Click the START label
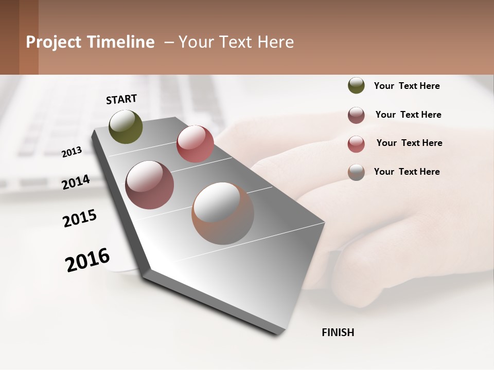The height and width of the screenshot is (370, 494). [x=121, y=99]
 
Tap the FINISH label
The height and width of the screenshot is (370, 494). [x=338, y=332]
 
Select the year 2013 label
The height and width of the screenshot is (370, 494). [x=72, y=152]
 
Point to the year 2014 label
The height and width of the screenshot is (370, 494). [x=76, y=182]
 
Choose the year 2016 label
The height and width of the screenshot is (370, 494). [x=88, y=260]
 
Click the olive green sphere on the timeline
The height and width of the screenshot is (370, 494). [x=126, y=126]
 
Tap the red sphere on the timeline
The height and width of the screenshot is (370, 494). [x=195, y=144]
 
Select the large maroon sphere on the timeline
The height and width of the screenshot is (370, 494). [x=150, y=185]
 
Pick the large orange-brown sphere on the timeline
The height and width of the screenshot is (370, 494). [x=223, y=213]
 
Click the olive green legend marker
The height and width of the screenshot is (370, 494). [x=356, y=85]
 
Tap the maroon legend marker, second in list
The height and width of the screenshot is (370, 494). [x=356, y=115]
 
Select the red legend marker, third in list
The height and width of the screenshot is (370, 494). [x=356, y=144]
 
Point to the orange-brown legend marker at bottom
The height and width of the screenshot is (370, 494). [x=356, y=172]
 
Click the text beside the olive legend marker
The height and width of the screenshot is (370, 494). [x=407, y=86]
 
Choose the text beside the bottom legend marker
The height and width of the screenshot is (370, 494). [x=407, y=172]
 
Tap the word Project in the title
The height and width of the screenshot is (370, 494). [x=54, y=42]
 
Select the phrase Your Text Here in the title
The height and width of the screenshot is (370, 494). [x=236, y=42]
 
